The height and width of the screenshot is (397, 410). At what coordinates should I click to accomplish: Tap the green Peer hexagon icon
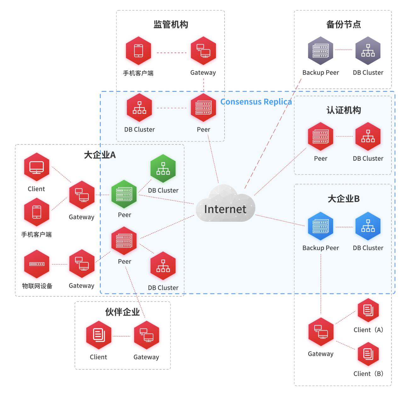(x=124, y=194)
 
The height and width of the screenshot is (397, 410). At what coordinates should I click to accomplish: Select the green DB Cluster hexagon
(x=163, y=169)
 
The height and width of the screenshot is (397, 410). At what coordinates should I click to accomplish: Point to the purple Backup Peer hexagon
(x=321, y=51)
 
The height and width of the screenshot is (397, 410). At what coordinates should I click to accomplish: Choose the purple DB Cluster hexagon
(x=368, y=51)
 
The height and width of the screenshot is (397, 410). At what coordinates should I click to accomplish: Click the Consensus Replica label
(x=256, y=102)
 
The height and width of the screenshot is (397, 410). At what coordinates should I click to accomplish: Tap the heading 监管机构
(x=171, y=24)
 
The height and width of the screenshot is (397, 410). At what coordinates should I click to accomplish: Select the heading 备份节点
(x=343, y=24)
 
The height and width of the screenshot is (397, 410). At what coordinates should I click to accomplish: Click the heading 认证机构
(x=343, y=110)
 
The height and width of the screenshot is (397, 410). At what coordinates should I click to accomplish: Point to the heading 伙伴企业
(x=122, y=312)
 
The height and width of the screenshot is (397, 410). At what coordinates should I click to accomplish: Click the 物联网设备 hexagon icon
(x=37, y=264)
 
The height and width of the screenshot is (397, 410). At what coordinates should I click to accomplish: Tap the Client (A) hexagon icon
(x=368, y=310)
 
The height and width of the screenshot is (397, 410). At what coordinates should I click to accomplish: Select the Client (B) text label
(x=368, y=374)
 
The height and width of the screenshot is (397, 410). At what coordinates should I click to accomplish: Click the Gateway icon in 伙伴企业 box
(x=146, y=335)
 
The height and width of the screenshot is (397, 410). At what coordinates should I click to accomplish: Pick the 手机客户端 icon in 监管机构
(x=139, y=51)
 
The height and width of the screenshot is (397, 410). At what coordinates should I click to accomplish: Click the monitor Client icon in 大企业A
(x=37, y=167)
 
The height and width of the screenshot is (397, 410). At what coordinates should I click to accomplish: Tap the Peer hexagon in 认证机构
(x=321, y=137)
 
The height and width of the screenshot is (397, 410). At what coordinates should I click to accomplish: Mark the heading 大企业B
(x=343, y=199)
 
